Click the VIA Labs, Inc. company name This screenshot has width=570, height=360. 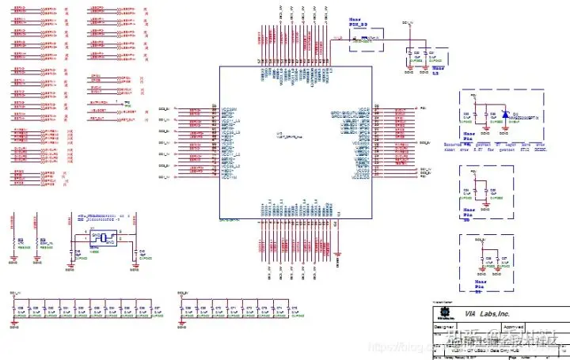[x=488, y=313]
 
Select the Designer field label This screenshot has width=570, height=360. [x=443, y=327]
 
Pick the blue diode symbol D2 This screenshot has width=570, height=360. [x=503, y=116]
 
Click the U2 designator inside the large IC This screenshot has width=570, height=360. [x=278, y=132]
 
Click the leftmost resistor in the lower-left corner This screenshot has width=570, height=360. [x=11, y=241]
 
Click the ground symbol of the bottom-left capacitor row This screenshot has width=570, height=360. [x=17, y=324]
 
